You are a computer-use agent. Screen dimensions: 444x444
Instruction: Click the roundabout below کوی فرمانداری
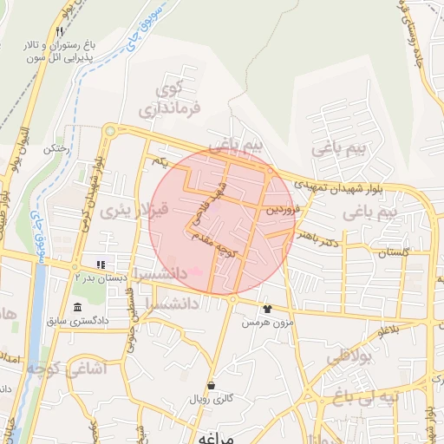(109, 131)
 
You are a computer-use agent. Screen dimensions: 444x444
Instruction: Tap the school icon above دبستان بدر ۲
(101, 264)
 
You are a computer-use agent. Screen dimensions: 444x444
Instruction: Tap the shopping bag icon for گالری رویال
(211, 385)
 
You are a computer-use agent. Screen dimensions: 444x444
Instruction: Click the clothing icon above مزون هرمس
(266, 308)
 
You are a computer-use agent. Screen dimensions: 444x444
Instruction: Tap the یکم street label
(158, 163)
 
